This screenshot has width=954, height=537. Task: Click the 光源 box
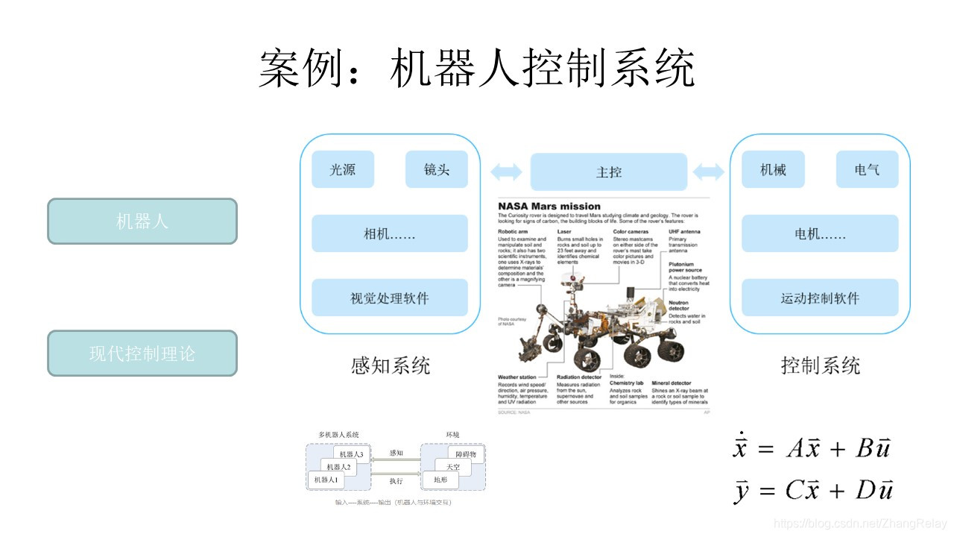pyautogui.click(x=343, y=169)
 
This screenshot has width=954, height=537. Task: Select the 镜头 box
pyautogui.click(x=437, y=169)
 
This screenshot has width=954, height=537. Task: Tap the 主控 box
pyautogui.click(x=608, y=172)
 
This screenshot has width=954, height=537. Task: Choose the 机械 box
pyautogui.click(x=773, y=169)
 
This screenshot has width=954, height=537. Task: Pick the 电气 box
pyautogui.click(x=867, y=169)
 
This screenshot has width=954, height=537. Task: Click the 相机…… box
pyautogui.click(x=389, y=233)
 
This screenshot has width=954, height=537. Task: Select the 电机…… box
pyautogui.click(x=820, y=233)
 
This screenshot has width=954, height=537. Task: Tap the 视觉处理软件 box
pyautogui.click(x=389, y=298)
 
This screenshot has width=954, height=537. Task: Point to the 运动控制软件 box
pyautogui.click(x=820, y=298)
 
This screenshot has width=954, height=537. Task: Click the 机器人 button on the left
pyautogui.click(x=142, y=221)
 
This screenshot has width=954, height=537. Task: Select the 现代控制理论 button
pyautogui.click(x=142, y=353)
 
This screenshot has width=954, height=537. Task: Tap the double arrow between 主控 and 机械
pyautogui.click(x=709, y=172)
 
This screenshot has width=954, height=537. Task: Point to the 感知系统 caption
pyautogui.click(x=391, y=365)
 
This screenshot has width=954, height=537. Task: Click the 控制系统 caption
pyautogui.click(x=821, y=365)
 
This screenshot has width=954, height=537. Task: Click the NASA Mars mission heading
pyautogui.click(x=549, y=206)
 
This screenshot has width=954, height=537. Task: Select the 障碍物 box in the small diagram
pyautogui.click(x=470, y=454)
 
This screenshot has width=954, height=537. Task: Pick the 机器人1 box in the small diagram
pyautogui.click(x=326, y=480)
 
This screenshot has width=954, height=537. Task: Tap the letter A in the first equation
pyautogui.click(x=795, y=448)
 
